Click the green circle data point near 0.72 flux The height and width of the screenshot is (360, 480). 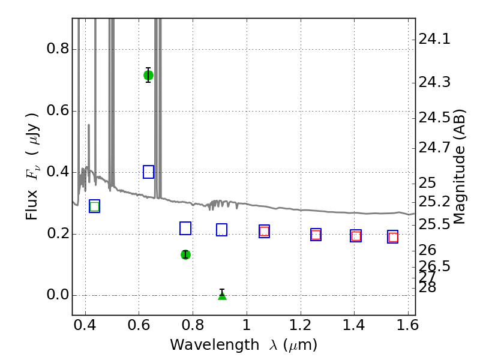point(148,76)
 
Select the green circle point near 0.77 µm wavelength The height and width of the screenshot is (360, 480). point(185,254)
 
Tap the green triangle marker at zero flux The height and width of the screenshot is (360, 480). point(222,295)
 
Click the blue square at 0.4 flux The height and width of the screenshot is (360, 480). point(148,172)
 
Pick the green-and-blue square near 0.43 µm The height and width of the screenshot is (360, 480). point(95,206)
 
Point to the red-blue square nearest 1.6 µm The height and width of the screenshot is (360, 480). point(393,237)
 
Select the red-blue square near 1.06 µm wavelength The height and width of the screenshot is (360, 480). point(264,231)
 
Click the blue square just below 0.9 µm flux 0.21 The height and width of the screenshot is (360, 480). point(221,230)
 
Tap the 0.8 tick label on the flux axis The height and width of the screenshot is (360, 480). point(58,49)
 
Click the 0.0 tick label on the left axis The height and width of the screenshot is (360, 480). point(58,295)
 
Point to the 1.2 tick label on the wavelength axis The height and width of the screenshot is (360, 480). point(301,325)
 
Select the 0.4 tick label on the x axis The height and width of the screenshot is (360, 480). point(85,325)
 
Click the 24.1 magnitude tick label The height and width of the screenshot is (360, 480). point(434,39)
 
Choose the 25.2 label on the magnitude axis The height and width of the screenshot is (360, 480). point(434,202)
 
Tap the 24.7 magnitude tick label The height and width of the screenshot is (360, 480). point(434,148)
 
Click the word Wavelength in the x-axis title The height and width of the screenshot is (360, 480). point(215,345)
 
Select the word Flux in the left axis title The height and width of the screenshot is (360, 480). point(32,205)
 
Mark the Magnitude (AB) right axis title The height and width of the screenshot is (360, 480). point(458,167)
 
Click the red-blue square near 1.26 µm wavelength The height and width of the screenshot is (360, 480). point(316,235)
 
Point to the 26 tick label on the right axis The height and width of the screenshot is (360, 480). point(427,250)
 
